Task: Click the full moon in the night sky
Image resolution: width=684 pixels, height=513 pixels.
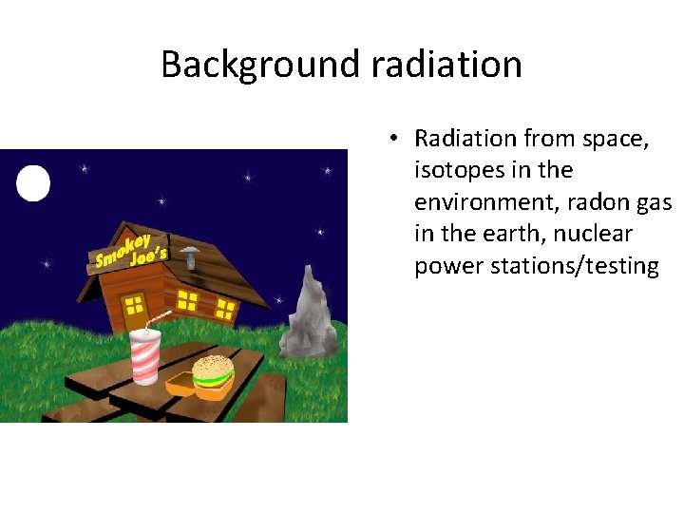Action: (x=33, y=182)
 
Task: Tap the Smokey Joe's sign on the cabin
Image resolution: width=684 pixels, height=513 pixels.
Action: (x=131, y=248)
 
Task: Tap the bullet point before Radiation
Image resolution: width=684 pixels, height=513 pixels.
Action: (x=391, y=139)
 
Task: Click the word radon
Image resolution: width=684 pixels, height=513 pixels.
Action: (x=582, y=202)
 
